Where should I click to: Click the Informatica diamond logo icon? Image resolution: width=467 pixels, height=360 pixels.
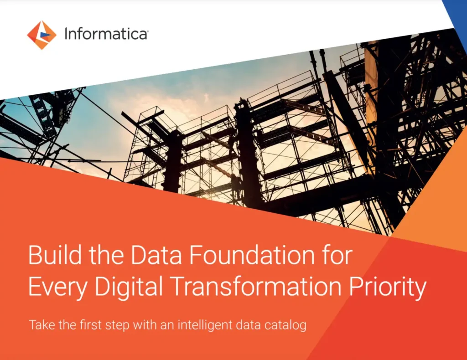(x=42, y=35)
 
